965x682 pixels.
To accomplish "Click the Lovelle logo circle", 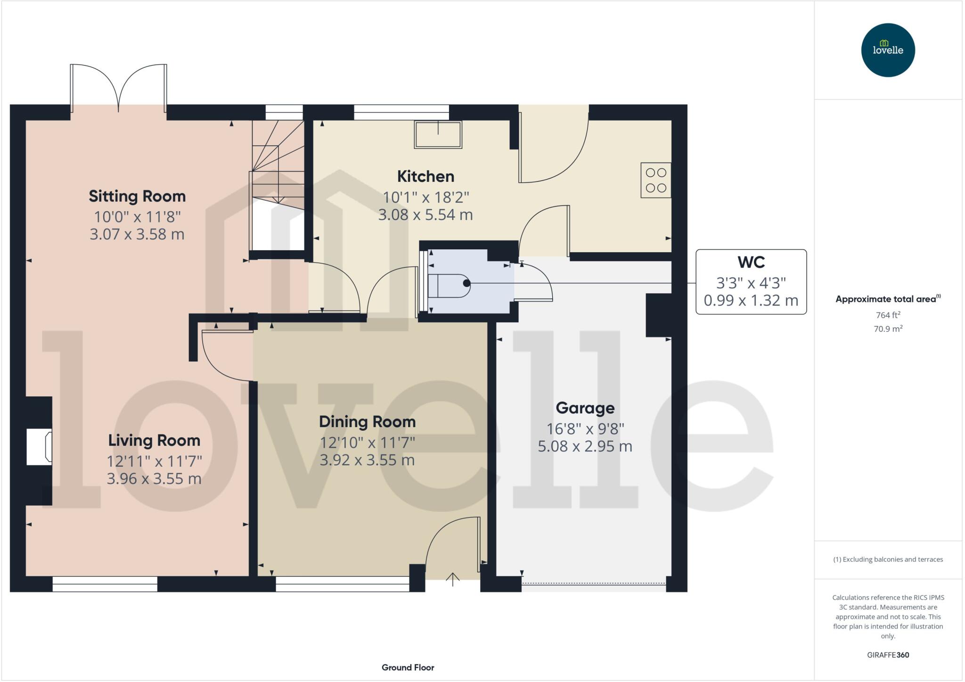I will tap(888, 50).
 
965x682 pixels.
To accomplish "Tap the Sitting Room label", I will tap(137, 196).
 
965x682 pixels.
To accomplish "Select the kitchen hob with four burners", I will tap(655, 180).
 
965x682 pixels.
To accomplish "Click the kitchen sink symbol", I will tap(438, 134).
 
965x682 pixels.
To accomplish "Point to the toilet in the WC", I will tap(449, 286).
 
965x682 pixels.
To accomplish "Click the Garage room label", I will tap(585, 408).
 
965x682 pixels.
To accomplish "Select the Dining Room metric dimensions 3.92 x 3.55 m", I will tap(367, 460).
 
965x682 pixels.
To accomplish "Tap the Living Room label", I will tap(154, 440).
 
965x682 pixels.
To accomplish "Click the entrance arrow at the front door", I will tap(452, 579).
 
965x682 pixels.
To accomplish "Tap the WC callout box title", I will tap(751, 262).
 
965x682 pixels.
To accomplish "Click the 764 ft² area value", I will tap(888, 315).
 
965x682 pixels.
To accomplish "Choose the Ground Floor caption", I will tap(408, 667).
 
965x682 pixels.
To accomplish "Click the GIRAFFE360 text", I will tap(888, 655).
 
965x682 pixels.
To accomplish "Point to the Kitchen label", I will tap(425, 176).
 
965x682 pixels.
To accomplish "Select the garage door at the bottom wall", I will tap(594, 584).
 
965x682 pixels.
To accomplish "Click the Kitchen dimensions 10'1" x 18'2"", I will tap(425, 197).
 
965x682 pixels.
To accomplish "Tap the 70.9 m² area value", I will tap(888, 329).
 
